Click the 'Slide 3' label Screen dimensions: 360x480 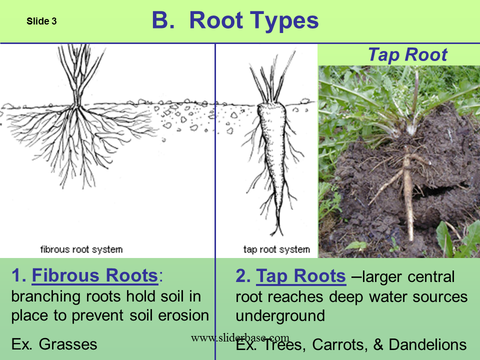coord(41,21)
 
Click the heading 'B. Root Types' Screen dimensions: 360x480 coord(234,21)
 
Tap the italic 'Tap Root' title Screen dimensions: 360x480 coord(407,55)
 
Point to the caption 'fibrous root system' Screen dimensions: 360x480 coord(81,249)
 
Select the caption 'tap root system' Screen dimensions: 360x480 coord(276,249)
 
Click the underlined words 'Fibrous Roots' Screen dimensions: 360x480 coord(94,275)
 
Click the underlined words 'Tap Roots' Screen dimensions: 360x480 coord(300,275)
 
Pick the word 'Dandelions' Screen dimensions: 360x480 coord(427,344)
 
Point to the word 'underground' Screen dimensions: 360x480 coord(280,316)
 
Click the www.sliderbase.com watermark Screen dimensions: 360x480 coord(240,338)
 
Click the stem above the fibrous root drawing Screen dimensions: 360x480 coord(77,80)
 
